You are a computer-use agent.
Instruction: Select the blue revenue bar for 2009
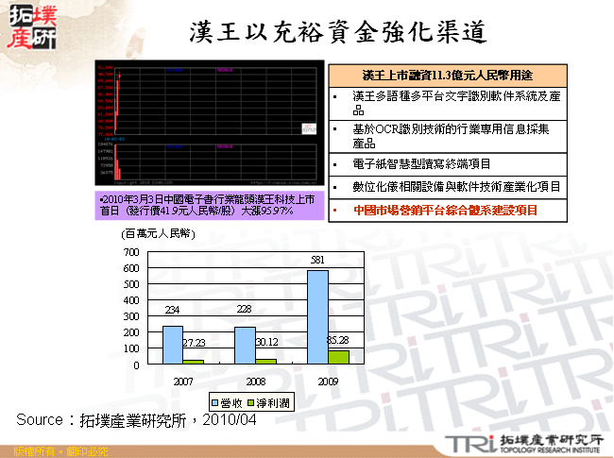click(x=317, y=317)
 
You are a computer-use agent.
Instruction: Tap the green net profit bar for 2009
click(x=337, y=358)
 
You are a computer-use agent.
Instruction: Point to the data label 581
click(x=317, y=261)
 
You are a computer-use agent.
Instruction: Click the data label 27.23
click(x=193, y=343)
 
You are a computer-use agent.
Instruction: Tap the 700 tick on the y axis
click(x=131, y=253)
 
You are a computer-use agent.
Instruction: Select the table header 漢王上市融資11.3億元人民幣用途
click(x=449, y=75)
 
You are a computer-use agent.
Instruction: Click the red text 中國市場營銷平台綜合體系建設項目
click(x=444, y=210)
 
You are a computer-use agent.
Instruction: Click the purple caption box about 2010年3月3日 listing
click(x=209, y=205)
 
